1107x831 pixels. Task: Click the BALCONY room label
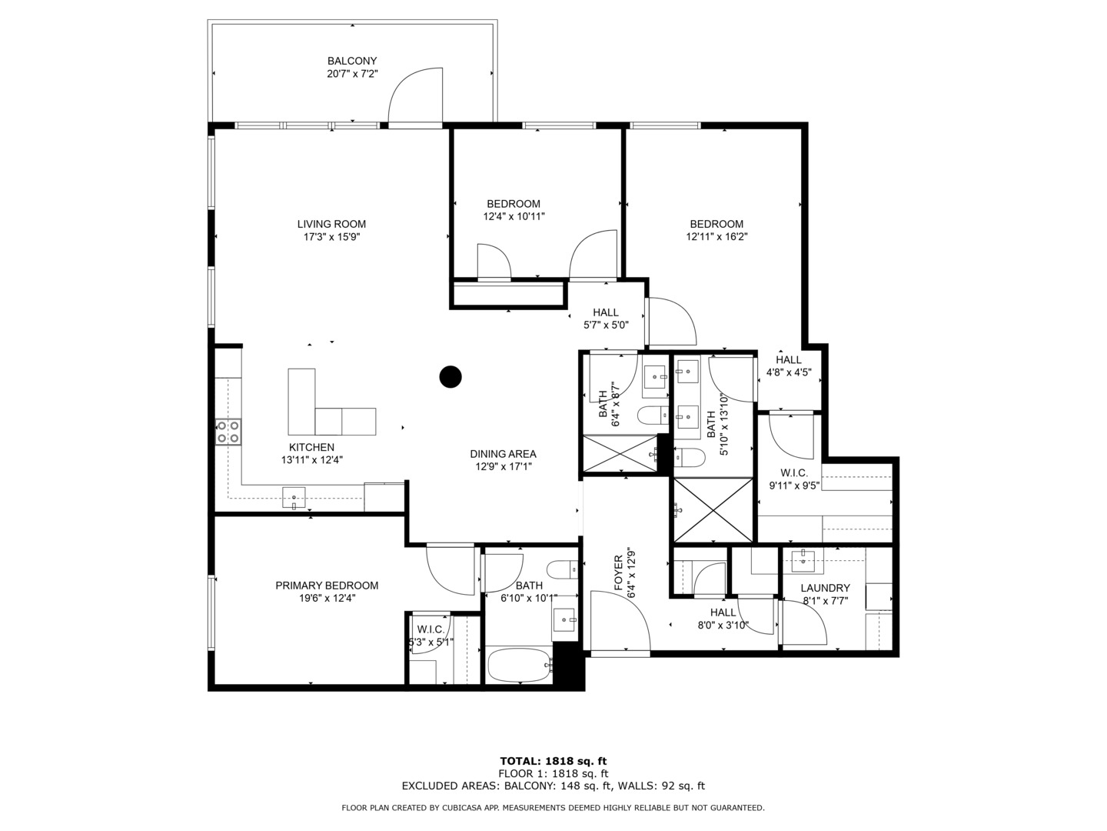(352, 61)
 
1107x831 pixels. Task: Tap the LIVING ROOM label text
(331, 224)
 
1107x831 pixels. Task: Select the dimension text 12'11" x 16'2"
(716, 237)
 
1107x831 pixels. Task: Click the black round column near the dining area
(450, 376)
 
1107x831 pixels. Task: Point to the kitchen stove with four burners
(228, 432)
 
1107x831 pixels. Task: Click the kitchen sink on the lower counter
(294, 498)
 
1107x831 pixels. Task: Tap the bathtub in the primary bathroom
(519, 665)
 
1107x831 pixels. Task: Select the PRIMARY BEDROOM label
(327, 586)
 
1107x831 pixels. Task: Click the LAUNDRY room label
(825, 588)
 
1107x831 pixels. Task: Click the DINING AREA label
(503, 454)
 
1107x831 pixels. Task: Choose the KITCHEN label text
(311, 447)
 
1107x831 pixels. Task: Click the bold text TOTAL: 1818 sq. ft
(553, 761)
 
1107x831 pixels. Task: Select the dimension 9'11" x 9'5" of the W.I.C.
(794, 486)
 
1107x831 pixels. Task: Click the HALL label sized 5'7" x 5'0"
(606, 312)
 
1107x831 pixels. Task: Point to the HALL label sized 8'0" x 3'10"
(723, 612)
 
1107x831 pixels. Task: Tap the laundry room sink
(803, 561)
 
